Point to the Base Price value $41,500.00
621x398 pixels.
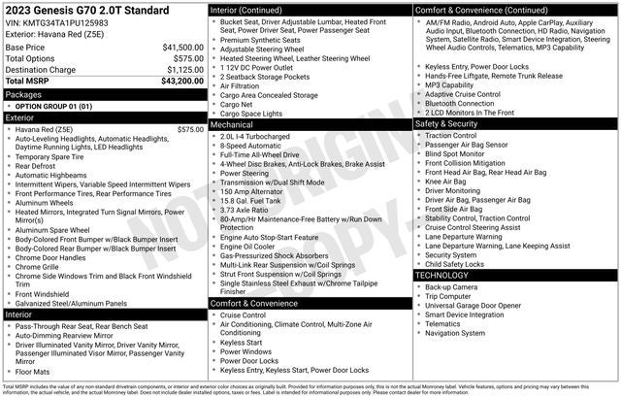pyautogui.click(x=182, y=47)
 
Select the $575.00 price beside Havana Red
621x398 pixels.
pyautogui.click(x=190, y=129)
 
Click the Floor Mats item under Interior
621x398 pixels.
pyautogui.click(x=34, y=372)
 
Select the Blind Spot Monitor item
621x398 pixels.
pyautogui.click(x=455, y=154)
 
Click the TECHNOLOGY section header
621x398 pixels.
pyautogui.click(x=442, y=275)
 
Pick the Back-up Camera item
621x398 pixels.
pyautogui.click(x=451, y=287)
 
